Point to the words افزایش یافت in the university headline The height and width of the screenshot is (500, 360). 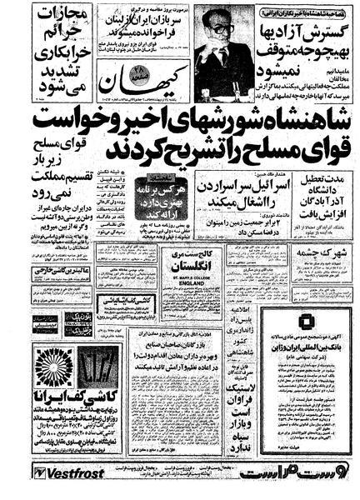pyautogui.click(x=317, y=212)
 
